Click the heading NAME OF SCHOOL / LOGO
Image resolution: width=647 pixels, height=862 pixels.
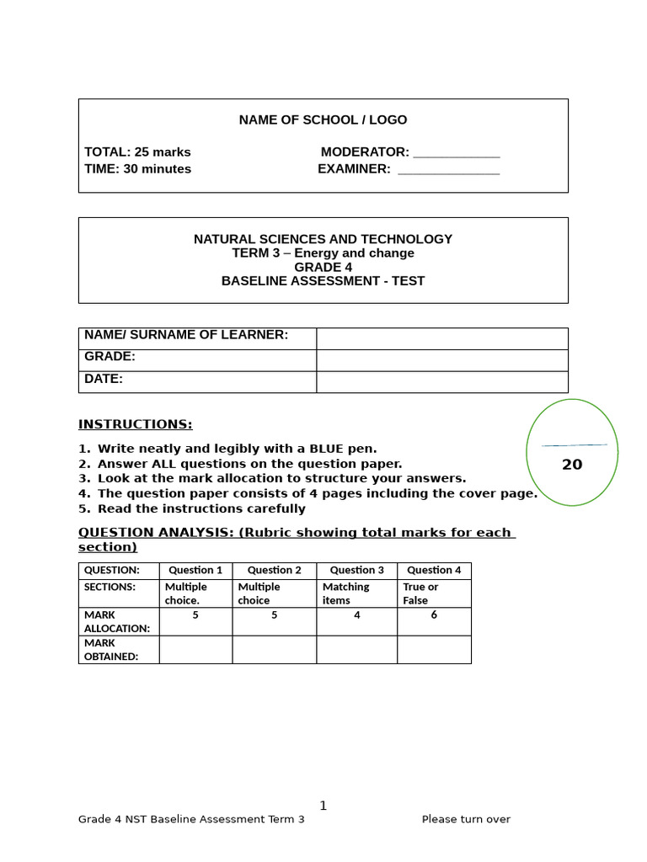(323, 120)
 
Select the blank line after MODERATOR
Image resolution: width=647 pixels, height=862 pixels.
(456, 153)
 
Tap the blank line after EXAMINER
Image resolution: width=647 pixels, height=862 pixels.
(448, 170)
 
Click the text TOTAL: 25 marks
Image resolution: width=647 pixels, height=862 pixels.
(137, 152)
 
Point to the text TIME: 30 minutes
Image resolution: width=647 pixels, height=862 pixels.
(137, 169)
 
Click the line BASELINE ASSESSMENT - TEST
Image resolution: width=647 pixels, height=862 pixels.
(323, 281)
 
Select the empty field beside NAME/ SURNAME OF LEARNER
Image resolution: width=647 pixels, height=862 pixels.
(441, 338)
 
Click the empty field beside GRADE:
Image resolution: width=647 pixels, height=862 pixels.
(441, 360)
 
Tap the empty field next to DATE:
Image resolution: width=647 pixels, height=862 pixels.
(441, 381)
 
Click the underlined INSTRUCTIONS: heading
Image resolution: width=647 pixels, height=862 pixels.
(135, 424)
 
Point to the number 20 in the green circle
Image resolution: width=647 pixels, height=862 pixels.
(572, 465)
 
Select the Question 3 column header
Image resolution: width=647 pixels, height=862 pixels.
(356, 570)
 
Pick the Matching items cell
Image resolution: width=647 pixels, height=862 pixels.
(346, 593)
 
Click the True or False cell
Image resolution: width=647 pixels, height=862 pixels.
(420, 593)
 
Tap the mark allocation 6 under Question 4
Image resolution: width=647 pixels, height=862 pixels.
(434, 615)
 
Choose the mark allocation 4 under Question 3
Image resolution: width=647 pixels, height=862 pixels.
(356, 615)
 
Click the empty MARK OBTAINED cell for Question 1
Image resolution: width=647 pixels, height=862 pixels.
(195, 649)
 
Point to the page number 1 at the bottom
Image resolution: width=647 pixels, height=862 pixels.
(323, 806)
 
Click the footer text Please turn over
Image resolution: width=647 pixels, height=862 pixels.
(466, 819)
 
